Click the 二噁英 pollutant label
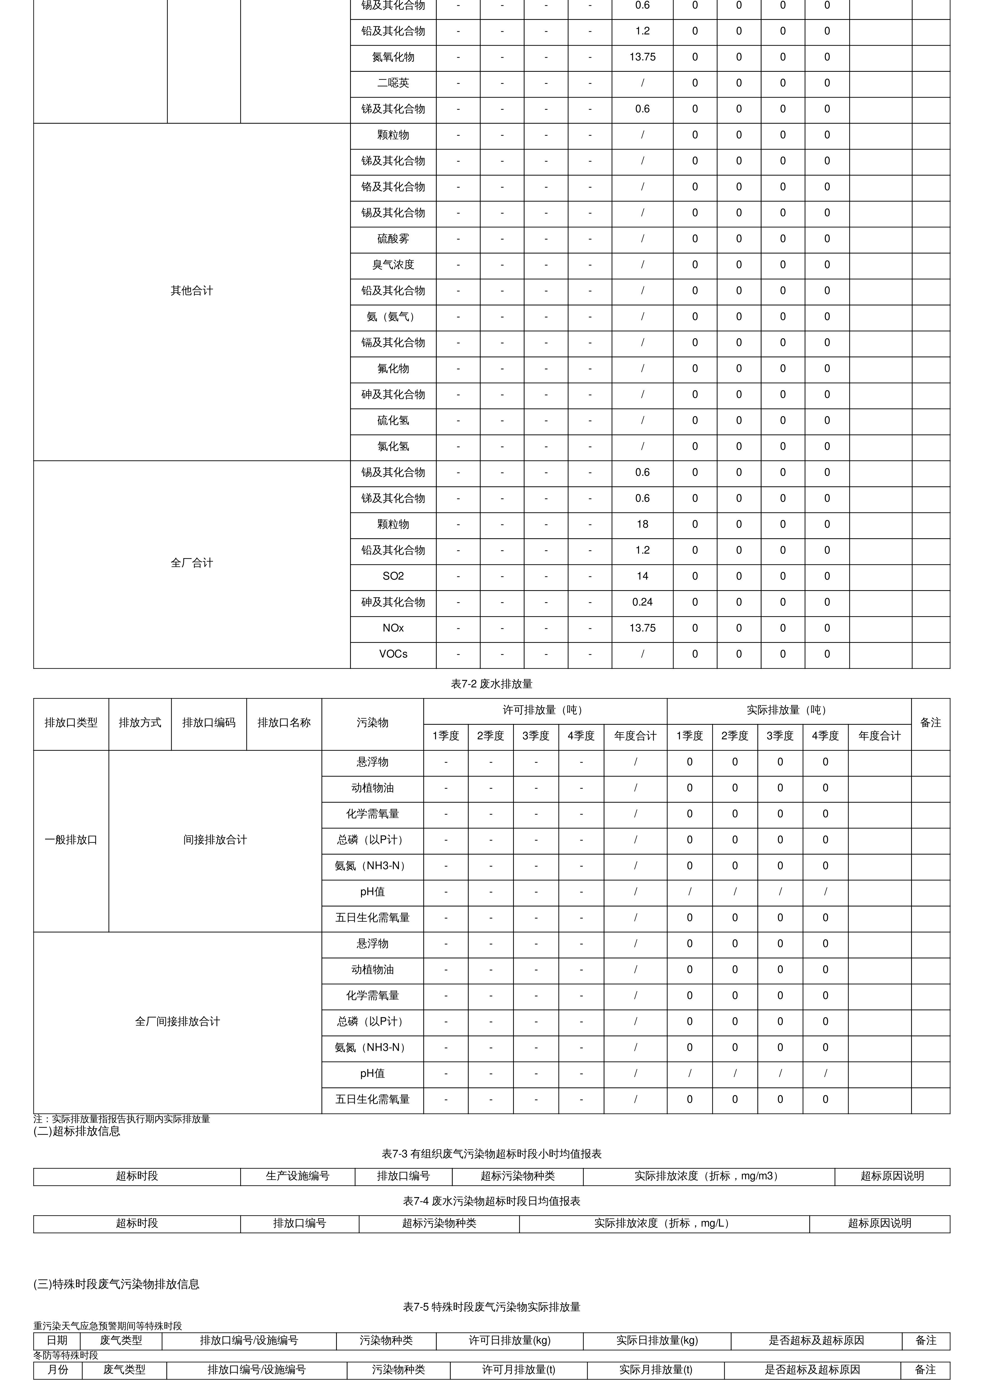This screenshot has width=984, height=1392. (x=393, y=83)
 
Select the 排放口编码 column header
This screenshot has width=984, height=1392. (x=209, y=723)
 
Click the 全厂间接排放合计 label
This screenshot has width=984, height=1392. (x=177, y=1021)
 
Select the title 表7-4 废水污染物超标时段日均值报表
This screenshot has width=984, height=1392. (x=492, y=1201)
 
